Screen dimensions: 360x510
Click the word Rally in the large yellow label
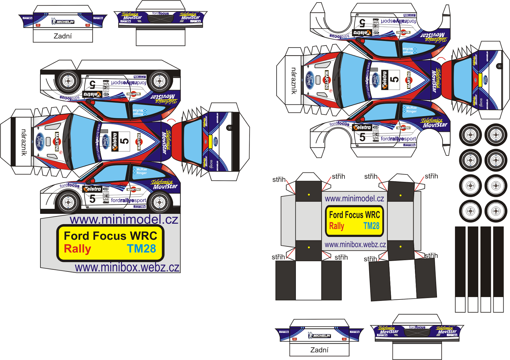click(x=77, y=249)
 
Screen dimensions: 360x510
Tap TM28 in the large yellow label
click(x=142, y=248)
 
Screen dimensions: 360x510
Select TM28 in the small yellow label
click(x=371, y=226)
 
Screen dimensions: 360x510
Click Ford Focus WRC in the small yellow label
click(x=354, y=215)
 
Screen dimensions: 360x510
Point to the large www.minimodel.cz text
click(x=124, y=220)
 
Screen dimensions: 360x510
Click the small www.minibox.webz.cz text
click(x=355, y=245)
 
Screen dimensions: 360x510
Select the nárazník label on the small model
click(x=294, y=81)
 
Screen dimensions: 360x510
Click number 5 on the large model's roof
click(x=125, y=141)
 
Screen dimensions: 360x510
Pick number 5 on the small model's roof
click(x=394, y=79)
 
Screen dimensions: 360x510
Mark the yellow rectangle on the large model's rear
click(x=210, y=141)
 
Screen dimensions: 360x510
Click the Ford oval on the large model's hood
click(x=40, y=142)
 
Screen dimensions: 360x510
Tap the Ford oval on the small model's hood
click(x=310, y=80)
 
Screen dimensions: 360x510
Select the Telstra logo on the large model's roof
click(x=115, y=141)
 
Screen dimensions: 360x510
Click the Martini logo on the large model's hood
click(x=57, y=141)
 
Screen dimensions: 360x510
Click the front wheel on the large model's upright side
click(x=68, y=202)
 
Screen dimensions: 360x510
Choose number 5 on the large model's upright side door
click(x=92, y=199)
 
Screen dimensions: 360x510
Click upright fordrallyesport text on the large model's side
click(x=128, y=200)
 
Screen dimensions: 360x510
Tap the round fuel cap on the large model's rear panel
click(x=229, y=128)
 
